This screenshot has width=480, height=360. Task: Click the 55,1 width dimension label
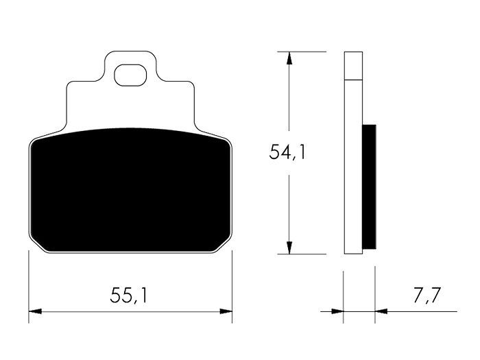tap(129, 295)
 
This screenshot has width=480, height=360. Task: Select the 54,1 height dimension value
tap(287, 152)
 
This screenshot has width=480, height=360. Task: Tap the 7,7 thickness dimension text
tap(427, 295)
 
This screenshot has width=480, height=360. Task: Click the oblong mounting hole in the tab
tap(130, 75)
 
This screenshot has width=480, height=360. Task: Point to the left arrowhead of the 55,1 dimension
tap(35, 311)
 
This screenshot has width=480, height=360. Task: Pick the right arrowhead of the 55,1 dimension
tap(226, 311)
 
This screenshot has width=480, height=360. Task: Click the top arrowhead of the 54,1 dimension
tap(289, 58)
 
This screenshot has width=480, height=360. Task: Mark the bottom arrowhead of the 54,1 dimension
tap(289, 248)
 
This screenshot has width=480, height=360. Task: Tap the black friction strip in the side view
tap(369, 187)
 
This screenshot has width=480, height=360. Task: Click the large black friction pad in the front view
tap(131, 190)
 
